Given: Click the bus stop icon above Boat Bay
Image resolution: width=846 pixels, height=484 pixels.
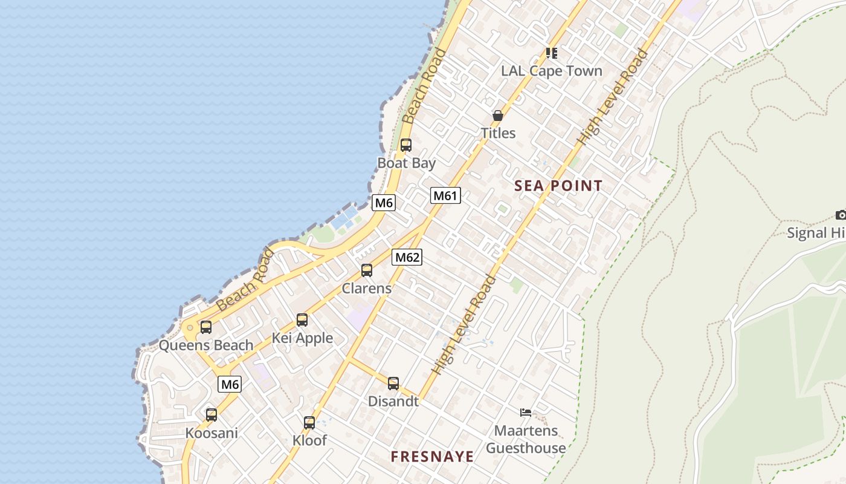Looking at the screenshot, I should tap(406, 145).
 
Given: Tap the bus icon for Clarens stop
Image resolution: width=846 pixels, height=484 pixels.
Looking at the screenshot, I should tap(367, 270).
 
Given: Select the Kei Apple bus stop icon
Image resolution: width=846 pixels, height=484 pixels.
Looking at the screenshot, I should tap(302, 320).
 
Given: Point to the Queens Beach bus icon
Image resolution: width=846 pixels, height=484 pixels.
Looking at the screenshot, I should tap(206, 327).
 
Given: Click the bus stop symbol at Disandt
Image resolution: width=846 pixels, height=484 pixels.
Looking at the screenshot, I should tap(393, 383).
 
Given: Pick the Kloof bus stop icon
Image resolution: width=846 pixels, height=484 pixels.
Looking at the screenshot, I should tap(309, 423).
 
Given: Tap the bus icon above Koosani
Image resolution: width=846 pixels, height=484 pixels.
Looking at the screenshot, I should tap(211, 415).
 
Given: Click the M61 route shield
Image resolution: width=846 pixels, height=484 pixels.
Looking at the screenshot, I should tap(445, 195).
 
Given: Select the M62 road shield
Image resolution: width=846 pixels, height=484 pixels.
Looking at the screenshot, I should tap(407, 257).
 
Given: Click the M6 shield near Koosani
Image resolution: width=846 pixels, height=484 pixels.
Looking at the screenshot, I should tap(230, 384).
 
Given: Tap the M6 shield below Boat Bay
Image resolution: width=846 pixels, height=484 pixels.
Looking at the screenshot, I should tap(384, 203).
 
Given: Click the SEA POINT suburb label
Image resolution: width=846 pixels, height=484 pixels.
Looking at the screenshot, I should tap(558, 186).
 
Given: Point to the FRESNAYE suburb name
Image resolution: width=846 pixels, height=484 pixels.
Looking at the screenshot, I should tap(432, 457).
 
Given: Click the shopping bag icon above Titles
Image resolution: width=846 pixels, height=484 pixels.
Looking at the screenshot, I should tap(498, 115).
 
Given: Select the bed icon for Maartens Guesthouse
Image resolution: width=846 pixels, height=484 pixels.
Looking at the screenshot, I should tap(526, 413).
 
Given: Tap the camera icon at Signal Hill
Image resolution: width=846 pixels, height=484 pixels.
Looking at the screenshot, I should tap(841, 215).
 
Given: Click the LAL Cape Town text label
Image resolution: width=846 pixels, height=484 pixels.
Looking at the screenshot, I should tap(552, 71).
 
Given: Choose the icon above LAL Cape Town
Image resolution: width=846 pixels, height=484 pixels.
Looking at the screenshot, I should tap(551, 53).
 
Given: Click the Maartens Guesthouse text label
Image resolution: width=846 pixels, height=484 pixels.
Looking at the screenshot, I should tap(526, 440).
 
